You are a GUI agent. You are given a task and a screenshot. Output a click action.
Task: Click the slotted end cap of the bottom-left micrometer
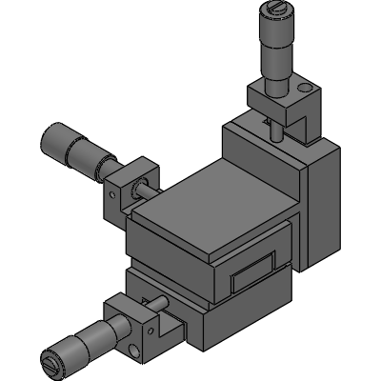click(x=51, y=363)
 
